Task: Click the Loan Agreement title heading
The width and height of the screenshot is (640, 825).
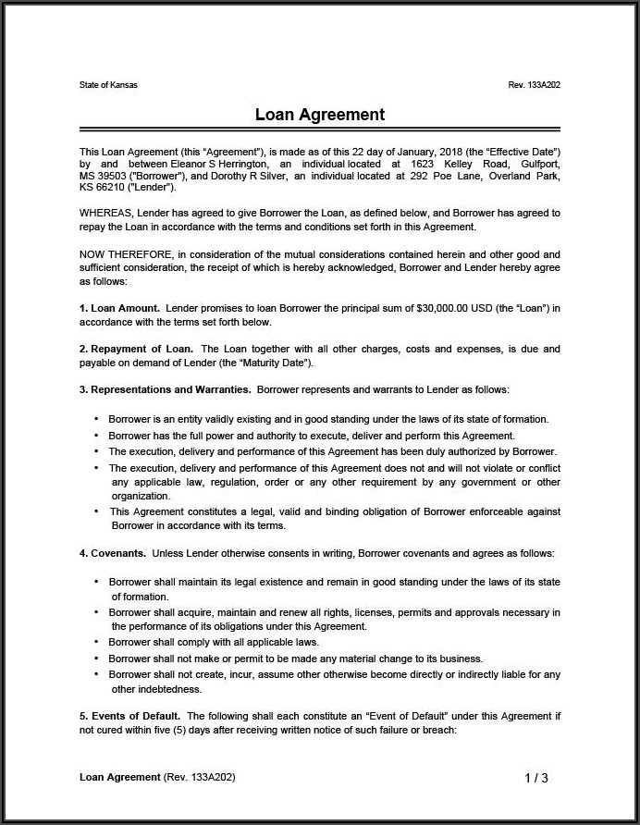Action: [x=320, y=115]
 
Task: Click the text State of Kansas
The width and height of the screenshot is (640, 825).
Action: [x=108, y=85]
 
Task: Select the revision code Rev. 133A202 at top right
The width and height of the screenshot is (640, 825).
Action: [x=534, y=85]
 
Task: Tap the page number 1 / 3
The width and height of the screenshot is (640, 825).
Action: [x=536, y=778]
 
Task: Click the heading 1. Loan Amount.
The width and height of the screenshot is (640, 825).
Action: [x=120, y=308]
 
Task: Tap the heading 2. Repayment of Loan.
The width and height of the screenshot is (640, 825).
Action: [x=136, y=349]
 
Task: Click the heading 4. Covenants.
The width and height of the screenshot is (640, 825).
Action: [x=113, y=553]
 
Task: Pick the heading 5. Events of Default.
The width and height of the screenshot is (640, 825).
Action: [x=129, y=716]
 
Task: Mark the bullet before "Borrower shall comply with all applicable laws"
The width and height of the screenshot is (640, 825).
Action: [x=97, y=642]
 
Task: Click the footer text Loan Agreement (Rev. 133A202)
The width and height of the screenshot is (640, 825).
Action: [x=157, y=777]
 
